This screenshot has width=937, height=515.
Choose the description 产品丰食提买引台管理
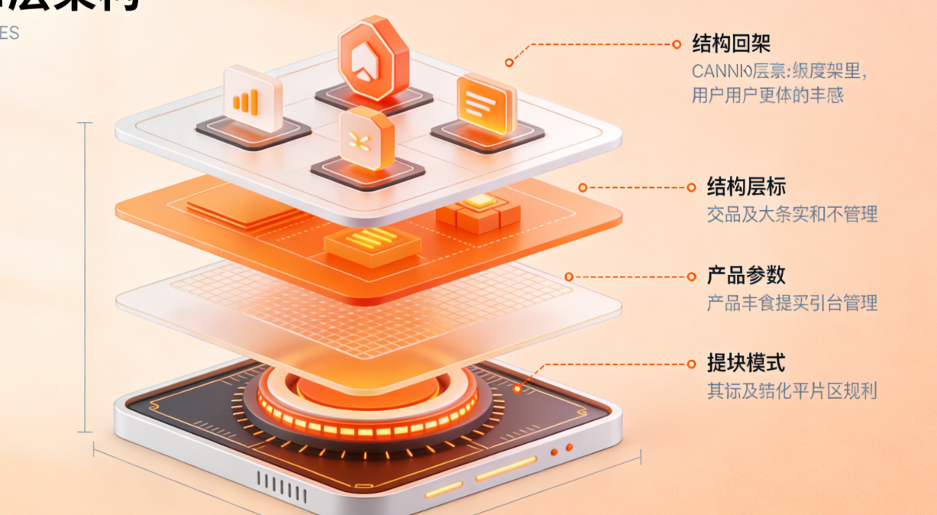(792, 303)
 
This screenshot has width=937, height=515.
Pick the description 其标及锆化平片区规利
(792, 391)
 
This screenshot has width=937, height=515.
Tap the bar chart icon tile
(252, 99)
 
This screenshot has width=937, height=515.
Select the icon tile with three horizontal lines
(486, 105)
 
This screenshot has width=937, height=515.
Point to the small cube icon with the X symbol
(367, 138)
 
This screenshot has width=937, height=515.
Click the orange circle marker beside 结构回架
(677, 44)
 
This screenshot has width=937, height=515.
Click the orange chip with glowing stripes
(372, 243)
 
